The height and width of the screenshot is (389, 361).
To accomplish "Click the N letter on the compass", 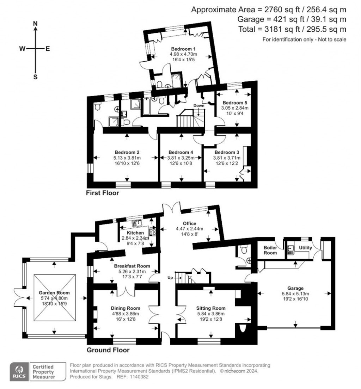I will click(x=35, y=24).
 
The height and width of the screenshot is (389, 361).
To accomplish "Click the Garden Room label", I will click(x=54, y=293).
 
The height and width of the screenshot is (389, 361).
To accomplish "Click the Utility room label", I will click(x=305, y=248).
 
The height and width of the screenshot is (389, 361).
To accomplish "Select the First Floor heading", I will click(x=103, y=193).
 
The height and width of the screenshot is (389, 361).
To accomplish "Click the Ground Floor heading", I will click(x=108, y=350).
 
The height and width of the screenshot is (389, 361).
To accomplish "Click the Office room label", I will click(x=189, y=223).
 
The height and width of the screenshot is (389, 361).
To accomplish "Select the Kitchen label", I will click(x=135, y=233).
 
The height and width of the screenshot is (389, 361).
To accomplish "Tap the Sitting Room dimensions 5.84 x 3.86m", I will click(x=210, y=314).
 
